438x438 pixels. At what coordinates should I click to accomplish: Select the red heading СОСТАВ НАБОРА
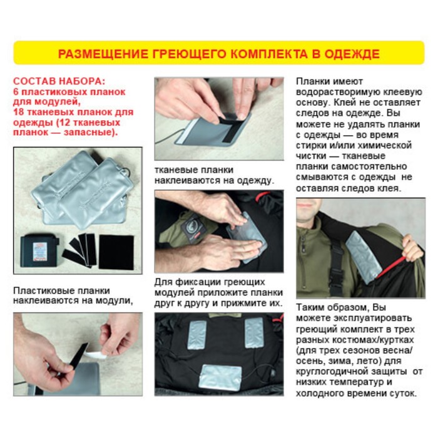(x=59, y=81)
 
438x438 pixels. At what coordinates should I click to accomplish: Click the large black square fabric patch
(x=116, y=252)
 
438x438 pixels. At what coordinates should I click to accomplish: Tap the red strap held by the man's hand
(x=391, y=267)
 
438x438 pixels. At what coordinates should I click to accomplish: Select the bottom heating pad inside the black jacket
(x=220, y=378)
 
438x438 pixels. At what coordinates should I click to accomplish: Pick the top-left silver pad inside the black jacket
(x=198, y=335)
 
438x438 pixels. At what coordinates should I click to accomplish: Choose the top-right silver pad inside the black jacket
(x=254, y=332)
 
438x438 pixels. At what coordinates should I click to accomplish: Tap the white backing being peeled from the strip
(x=96, y=354)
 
